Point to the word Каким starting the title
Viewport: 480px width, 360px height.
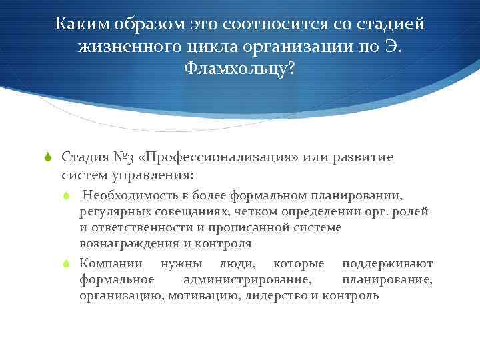[79, 25]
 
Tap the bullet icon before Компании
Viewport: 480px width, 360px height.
[67, 264]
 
